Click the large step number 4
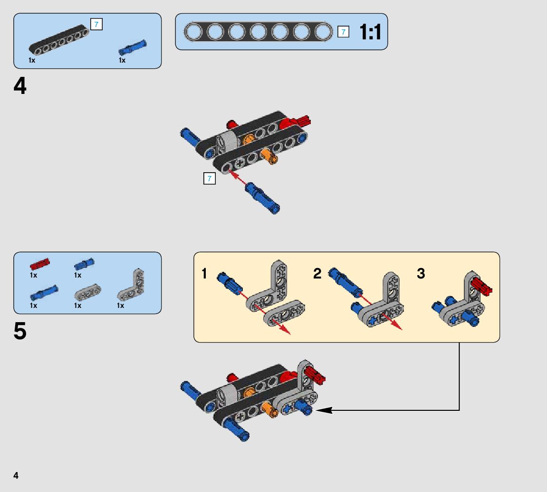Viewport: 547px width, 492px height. point(20,87)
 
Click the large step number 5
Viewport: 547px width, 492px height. point(20,332)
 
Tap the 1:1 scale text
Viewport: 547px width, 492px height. point(370,32)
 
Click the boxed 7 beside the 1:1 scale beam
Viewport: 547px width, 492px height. point(343,32)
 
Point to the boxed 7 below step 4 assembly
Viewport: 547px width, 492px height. point(209,178)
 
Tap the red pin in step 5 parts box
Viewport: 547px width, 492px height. point(39,264)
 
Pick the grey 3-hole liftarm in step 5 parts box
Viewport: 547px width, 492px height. point(87,292)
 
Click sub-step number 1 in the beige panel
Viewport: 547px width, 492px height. point(204,274)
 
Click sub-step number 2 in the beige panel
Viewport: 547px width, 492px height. point(317,274)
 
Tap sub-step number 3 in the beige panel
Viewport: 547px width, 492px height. point(421,274)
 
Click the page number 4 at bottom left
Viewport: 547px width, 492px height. point(16,475)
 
